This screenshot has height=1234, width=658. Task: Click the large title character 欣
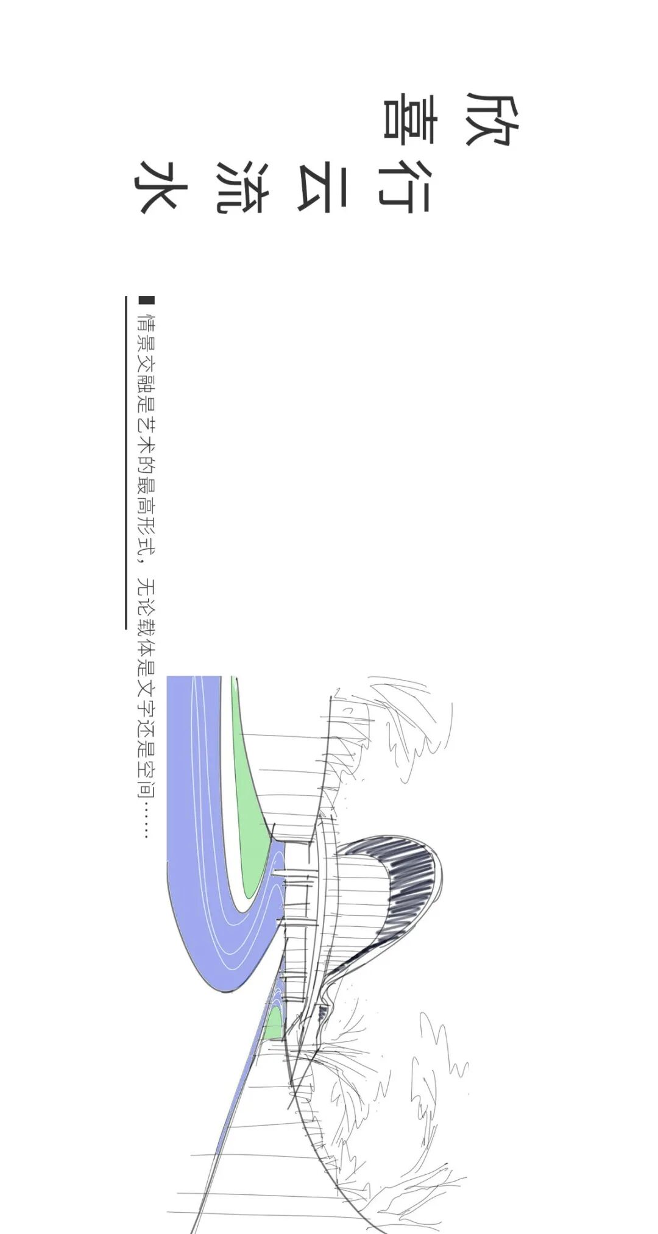tap(492, 119)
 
